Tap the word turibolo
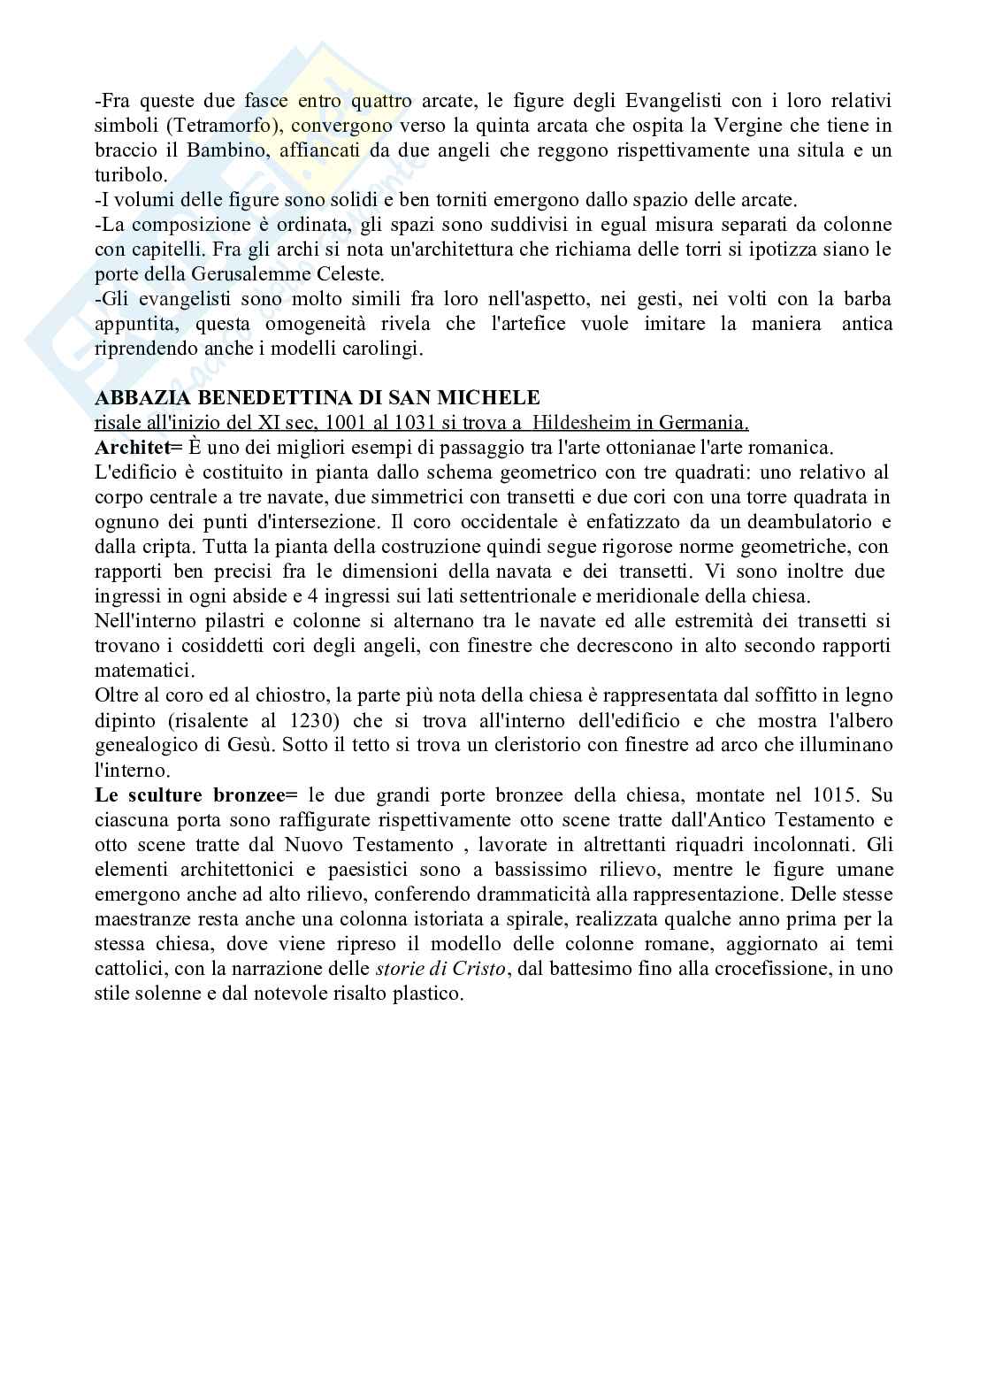[130, 175]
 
